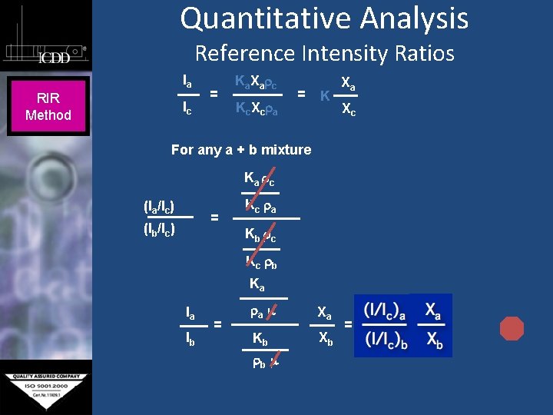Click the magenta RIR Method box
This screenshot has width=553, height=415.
click(x=48, y=107)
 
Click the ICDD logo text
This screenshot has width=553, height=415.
click(x=55, y=58)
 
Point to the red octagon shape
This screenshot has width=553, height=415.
click(x=512, y=328)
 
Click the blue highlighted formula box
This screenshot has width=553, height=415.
click(x=402, y=325)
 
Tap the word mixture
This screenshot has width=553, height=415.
click(x=286, y=150)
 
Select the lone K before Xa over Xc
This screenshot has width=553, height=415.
click(x=326, y=95)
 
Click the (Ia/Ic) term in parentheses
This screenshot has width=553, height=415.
click(x=159, y=206)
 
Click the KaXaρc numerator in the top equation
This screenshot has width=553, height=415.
click(x=257, y=81)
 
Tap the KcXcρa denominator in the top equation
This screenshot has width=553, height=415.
click(x=257, y=108)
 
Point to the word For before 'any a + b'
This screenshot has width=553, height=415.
click(x=183, y=150)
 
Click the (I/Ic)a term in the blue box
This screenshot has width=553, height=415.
click(x=386, y=310)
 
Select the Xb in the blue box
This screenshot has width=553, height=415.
click(x=434, y=340)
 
